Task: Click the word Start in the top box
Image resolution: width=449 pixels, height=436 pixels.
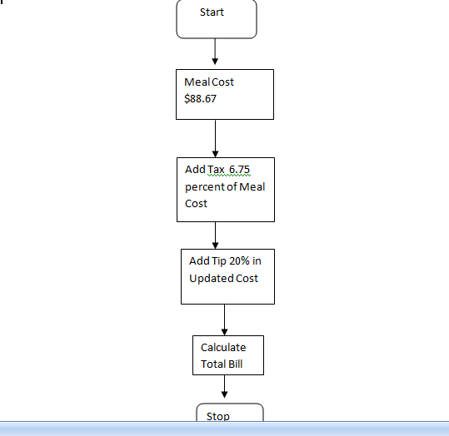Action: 212,12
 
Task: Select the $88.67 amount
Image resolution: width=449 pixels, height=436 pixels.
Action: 200,99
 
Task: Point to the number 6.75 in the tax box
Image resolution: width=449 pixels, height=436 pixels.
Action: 239,170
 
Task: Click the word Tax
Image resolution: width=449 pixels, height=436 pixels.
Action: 216,170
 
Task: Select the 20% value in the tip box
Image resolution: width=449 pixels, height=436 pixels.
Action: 239,261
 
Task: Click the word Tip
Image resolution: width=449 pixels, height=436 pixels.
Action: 219,261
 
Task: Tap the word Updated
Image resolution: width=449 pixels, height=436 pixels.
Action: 207,279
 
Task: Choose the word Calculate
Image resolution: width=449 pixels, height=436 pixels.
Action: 223,348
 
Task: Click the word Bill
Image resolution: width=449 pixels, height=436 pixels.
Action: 236,364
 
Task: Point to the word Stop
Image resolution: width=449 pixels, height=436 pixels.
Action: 218,417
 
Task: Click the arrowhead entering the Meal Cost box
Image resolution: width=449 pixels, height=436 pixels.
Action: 215,62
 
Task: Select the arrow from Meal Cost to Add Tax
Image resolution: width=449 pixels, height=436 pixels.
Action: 215,138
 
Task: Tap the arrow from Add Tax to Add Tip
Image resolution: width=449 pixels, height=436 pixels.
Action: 215,235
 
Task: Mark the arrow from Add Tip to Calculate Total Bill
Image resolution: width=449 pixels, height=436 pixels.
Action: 225,320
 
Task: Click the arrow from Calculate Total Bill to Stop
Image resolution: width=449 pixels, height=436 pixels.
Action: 225,386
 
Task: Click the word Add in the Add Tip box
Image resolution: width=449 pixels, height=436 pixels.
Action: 200,261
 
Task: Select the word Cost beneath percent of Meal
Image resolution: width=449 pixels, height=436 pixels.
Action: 196,204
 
